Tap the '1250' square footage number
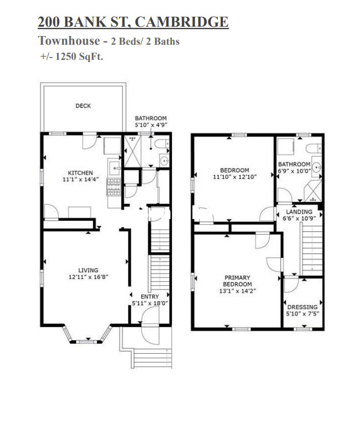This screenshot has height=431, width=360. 66,56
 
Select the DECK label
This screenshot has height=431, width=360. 83,106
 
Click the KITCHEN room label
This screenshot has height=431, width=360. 80,173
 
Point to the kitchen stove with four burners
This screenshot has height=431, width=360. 113,187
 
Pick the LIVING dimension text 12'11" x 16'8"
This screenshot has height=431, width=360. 88,277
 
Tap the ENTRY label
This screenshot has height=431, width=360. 150,297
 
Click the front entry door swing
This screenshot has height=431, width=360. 150,315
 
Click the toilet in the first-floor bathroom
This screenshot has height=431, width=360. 162,143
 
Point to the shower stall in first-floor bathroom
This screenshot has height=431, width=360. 132,151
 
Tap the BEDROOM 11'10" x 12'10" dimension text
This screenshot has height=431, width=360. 235,177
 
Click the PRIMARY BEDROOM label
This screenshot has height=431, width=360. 237,281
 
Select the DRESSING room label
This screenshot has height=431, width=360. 303,307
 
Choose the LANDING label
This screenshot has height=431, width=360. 299,211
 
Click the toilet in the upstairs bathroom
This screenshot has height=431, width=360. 314,148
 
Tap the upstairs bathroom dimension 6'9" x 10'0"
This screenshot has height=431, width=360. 294,171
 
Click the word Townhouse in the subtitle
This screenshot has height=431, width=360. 69,41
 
